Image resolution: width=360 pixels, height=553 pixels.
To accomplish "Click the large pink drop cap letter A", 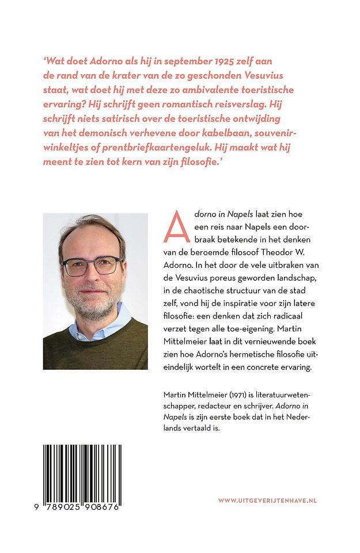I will pos(176,226).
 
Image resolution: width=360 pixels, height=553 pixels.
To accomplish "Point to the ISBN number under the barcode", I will pos(82,502).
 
